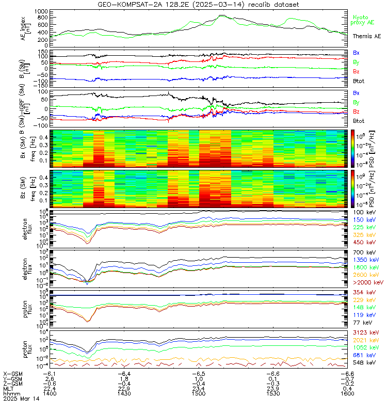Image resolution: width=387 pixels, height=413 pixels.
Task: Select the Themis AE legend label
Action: coord(366,37)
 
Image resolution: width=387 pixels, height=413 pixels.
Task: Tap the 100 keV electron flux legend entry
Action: coord(365,213)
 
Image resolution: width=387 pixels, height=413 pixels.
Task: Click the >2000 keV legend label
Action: coord(367,283)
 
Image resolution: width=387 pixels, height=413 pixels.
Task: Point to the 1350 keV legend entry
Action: coord(366,260)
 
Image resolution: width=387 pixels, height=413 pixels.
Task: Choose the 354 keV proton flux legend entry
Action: coord(365,293)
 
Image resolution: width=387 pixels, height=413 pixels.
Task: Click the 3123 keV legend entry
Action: coord(366,333)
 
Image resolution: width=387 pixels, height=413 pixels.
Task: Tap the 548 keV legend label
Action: coord(365,363)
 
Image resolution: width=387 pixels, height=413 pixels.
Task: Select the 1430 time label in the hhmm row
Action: coord(124,393)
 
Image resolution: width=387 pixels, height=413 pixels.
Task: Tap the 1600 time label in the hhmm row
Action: coord(347,393)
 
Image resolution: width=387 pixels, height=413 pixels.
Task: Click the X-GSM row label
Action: coord(12,373)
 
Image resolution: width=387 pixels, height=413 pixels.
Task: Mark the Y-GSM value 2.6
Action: coord(49,378)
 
